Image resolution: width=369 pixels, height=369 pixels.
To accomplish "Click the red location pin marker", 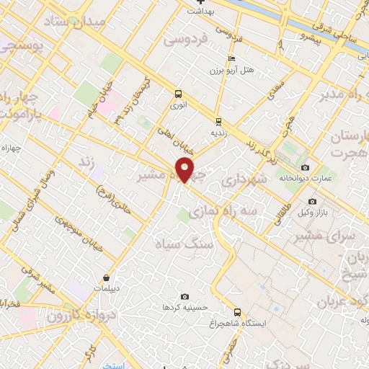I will (185, 170).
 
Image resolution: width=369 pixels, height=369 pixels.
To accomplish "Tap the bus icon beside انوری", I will (178, 93).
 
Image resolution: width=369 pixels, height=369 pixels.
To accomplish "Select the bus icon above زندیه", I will (218, 120).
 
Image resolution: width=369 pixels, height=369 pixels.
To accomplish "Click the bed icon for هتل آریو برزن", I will (231, 58).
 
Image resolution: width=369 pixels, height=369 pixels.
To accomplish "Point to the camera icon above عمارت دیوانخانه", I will (305, 167).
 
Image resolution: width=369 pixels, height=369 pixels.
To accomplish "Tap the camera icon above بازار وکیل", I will (311, 201).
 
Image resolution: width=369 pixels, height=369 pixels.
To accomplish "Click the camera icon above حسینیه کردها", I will (185, 296).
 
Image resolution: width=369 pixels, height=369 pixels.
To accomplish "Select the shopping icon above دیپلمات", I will (107, 277).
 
